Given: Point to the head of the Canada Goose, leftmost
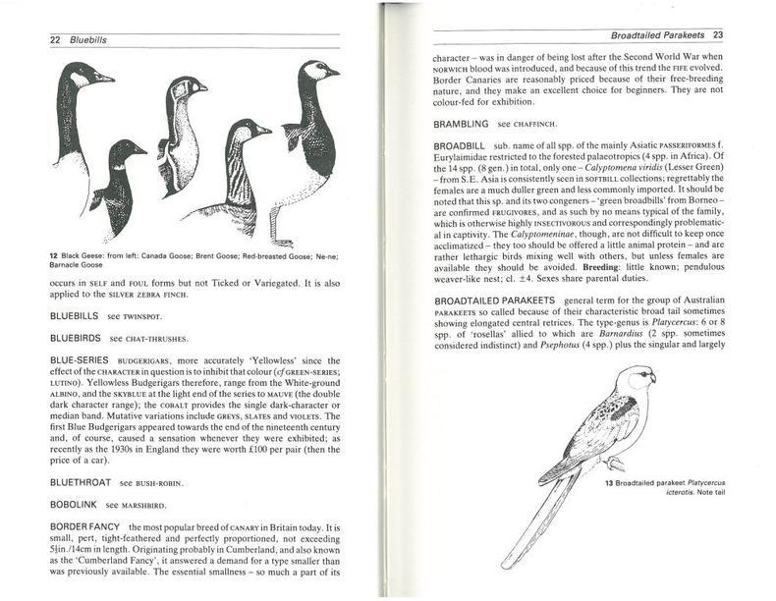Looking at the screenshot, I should pyautogui.click(x=84, y=74).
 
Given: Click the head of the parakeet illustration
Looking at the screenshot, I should pyautogui.click(x=642, y=377).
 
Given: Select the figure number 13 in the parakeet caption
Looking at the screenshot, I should pyautogui.click(x=610, y=482).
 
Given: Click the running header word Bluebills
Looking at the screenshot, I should pyautogui.click(x=85, y=39).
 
